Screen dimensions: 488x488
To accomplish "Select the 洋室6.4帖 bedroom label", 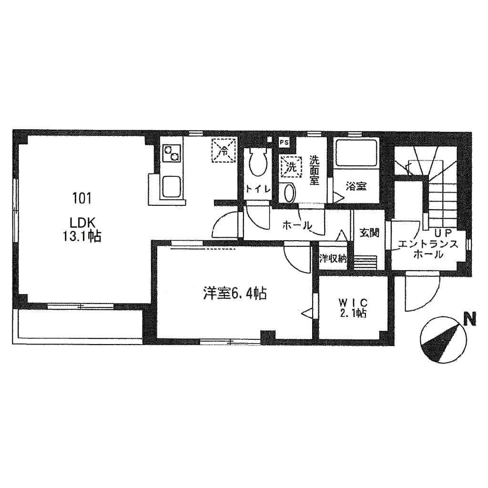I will click(234, 293).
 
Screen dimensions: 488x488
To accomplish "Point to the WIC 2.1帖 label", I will click(353, 308).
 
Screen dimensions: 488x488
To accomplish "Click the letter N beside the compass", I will click(471, 318).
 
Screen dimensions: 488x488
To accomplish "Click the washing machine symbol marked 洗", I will click(290, 167).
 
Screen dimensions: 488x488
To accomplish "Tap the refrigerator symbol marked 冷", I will click(224, 151).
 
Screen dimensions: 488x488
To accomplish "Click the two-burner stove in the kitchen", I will click(172, 153).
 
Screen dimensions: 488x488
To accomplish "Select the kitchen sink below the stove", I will click(171, 186).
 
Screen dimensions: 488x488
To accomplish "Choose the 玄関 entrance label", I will click(369, 233).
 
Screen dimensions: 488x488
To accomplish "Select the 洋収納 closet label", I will click(333, 259).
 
